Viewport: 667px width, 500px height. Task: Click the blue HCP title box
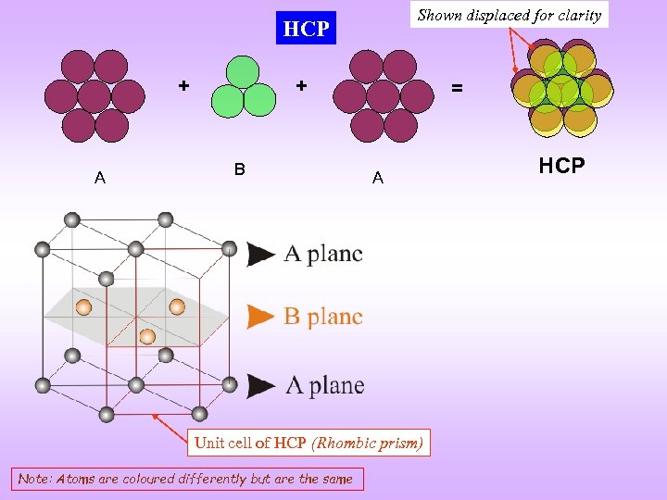click(306, 29)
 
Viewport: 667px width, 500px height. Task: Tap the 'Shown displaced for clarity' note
click(510, 15)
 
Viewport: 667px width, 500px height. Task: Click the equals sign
click(456, 89)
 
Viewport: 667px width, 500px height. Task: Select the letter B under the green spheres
click(239, 169)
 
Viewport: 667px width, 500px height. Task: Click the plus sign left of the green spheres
click(184, 86)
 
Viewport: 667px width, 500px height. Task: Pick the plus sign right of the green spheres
click(301, 86)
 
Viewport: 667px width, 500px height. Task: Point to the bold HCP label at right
click(561, 166)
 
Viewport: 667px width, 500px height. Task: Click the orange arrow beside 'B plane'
click(261, 317)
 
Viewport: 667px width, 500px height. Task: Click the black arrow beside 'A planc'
click(261, 254)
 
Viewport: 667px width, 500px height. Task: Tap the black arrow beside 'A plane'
click(261, 385)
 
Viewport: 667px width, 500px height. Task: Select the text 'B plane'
click(323, 317)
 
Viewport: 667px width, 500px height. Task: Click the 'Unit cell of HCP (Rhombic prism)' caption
click(308, 443)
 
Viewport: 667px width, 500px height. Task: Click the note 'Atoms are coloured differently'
click(186, 479)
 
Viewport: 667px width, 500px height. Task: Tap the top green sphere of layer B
click(242, 72)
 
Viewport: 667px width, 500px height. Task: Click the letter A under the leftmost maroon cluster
click(100, 178)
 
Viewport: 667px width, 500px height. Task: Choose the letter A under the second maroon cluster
click(378, 178)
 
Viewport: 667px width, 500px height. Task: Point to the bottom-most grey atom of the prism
click(107, 415)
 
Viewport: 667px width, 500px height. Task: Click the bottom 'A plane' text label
click(324, 385)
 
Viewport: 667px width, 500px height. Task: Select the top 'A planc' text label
click(323, 254)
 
